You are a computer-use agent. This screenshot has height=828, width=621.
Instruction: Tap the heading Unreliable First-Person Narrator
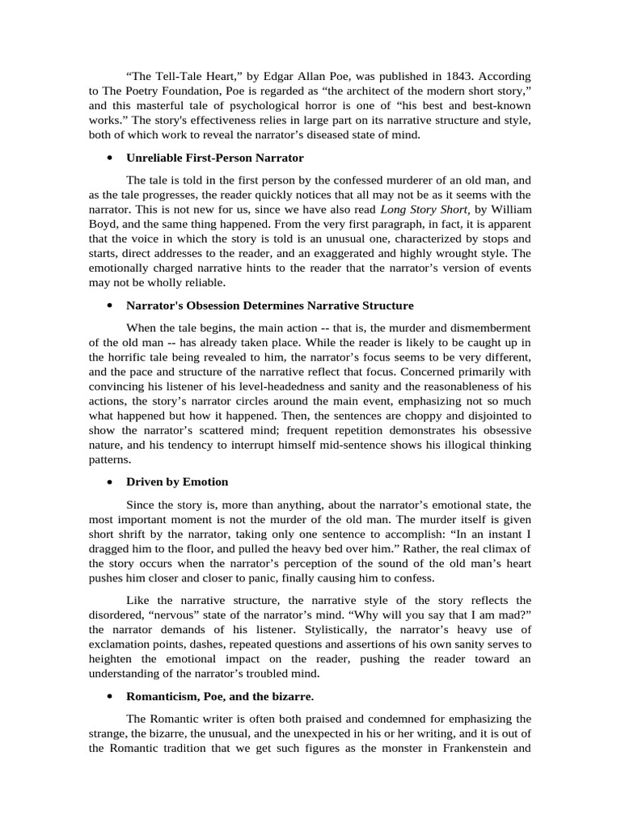pyautogui.click(x=215, y=157)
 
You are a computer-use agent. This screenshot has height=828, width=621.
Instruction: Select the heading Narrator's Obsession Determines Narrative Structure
pyautogui.click(x=270, y=306)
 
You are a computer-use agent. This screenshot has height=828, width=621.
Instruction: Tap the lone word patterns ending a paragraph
pyautogui.click(x=110, y=458)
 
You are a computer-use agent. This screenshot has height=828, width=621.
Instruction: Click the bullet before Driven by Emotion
pyautogui.click(x=108, y=482)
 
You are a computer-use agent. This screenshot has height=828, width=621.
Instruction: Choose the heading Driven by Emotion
pyautogui.click(x=177, y=482)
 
